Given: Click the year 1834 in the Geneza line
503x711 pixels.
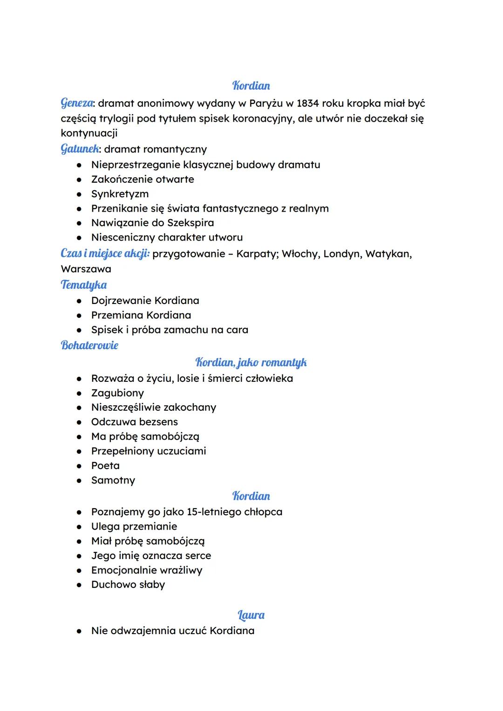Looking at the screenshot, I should [307, 103].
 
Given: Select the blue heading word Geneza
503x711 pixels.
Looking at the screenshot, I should [77, 103].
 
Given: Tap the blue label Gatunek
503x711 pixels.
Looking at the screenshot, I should [80, 149].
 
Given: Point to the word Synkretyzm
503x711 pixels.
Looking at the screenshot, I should [120, 194].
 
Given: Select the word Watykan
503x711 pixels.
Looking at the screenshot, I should [388, 254].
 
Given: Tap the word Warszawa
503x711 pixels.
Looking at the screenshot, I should [86, 269].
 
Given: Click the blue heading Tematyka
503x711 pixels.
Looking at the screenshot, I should [84, 285].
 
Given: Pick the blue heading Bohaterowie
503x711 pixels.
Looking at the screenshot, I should [89, 345].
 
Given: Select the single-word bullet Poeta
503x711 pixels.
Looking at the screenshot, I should [105, 466].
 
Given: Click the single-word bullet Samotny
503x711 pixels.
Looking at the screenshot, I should [113, 480].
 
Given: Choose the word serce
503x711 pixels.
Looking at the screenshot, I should [198, 556].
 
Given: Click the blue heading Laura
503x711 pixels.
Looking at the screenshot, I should [251, 615].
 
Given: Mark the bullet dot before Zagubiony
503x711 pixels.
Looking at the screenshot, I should [80, 393].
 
